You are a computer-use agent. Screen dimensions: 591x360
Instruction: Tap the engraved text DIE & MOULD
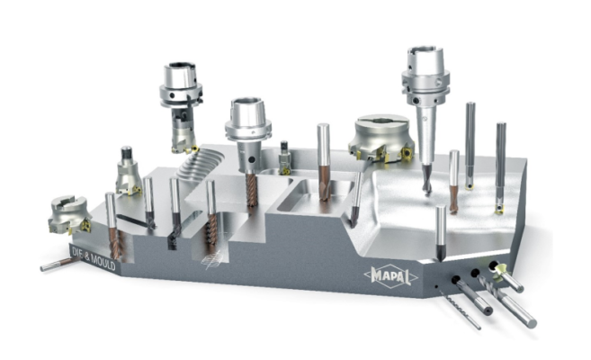(x=93, y=257)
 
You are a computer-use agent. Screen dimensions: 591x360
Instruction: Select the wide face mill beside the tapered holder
(x=381, y=138)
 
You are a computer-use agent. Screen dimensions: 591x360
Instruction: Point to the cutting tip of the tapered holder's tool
(x=427, y=193)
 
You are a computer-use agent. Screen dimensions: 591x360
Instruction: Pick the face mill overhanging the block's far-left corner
(x=70, y=214)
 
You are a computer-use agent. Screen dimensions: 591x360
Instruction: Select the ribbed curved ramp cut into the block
(x=199, y=165)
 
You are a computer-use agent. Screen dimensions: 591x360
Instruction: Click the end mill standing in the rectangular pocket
(x=324, y=162)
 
